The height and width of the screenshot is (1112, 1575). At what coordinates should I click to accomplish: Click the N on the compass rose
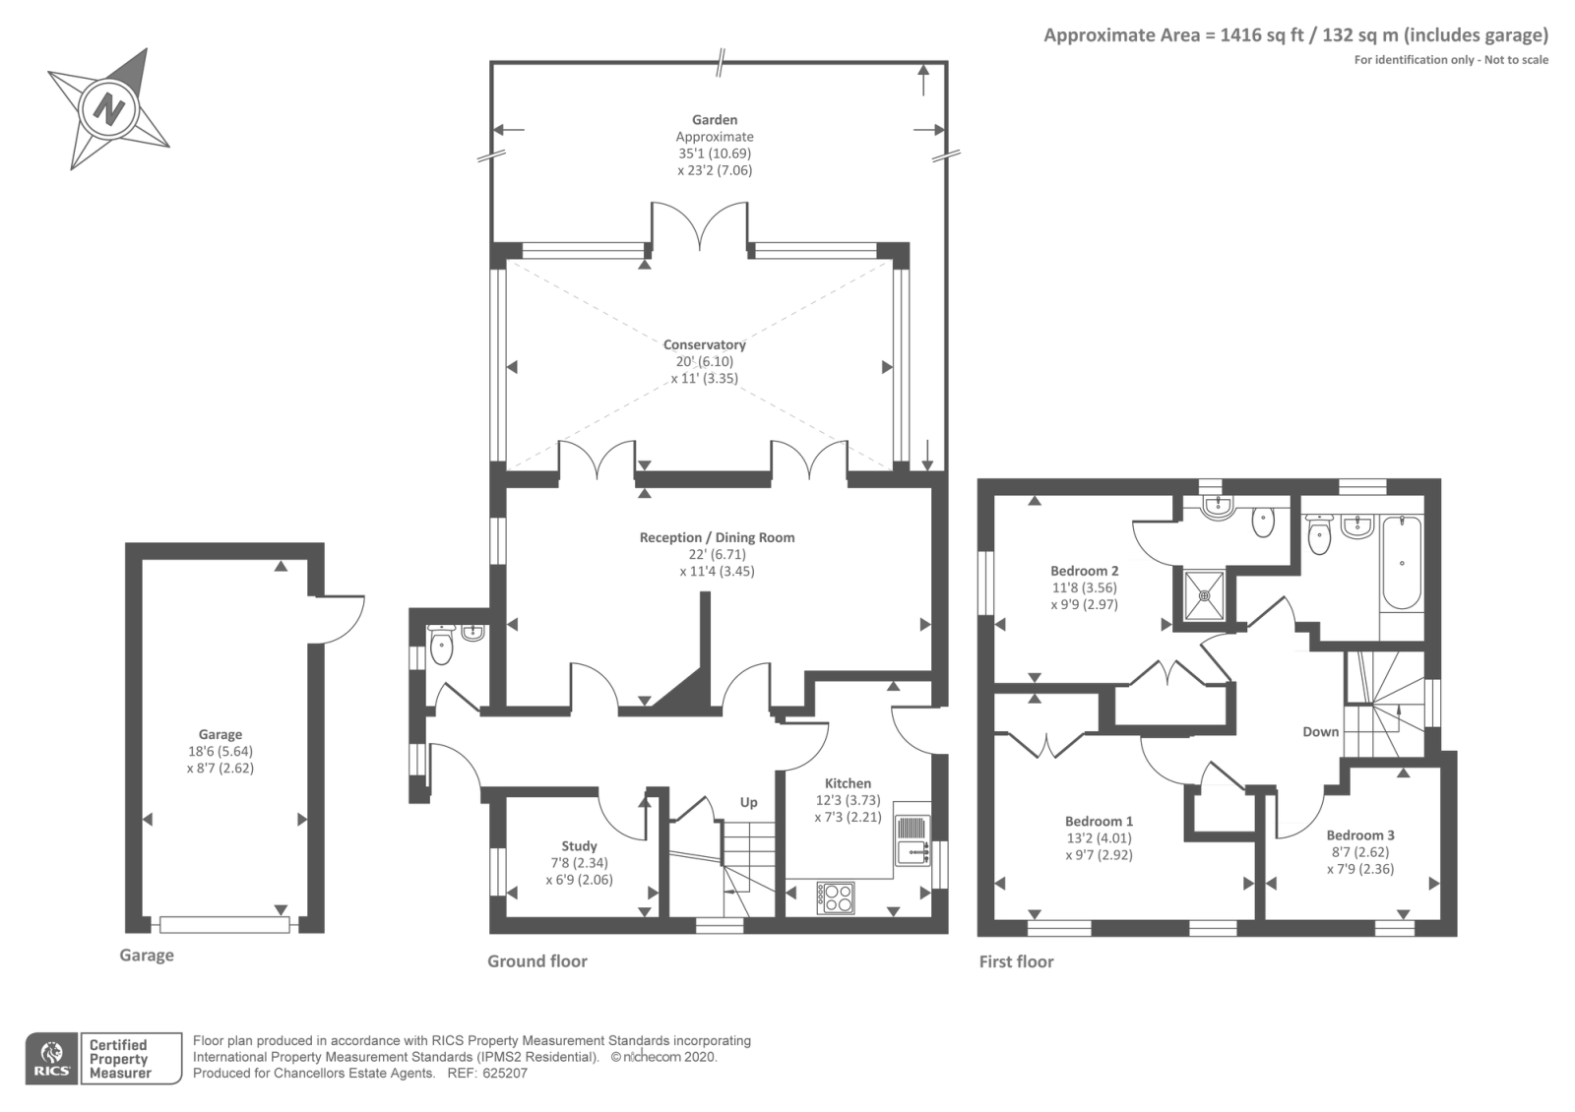[x=109, y=109]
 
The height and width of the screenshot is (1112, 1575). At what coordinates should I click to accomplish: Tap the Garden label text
[x=715, y=120]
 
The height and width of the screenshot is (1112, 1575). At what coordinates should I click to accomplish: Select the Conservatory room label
[x=705, y=345]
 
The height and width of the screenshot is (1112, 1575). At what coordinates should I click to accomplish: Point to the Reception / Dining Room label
[x=718, y=537]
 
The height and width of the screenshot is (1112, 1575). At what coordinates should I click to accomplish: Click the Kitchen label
[x=848, y=783]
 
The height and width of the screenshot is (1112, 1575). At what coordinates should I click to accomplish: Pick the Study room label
[x=580, y=846]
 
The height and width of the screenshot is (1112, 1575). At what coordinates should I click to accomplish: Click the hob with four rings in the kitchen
[x=836, y=897]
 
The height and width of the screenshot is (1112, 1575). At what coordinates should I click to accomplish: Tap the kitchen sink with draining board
[x=912, y=840]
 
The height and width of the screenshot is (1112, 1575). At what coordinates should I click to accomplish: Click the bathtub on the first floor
[x=1402, y=561]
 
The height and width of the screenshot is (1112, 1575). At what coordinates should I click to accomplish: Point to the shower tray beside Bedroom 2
[x=1205, y=595]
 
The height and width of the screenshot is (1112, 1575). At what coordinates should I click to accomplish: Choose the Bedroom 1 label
[x=1099, y=821]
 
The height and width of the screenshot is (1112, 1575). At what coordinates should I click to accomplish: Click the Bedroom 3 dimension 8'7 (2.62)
[x=1359, y=852]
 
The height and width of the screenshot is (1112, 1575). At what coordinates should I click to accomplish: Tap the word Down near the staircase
[x=1320, y=732]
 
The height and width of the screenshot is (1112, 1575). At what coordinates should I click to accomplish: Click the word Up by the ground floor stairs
[x=748, y=803]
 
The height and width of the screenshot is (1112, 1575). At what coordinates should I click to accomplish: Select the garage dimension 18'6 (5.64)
[x=220, y=752]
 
